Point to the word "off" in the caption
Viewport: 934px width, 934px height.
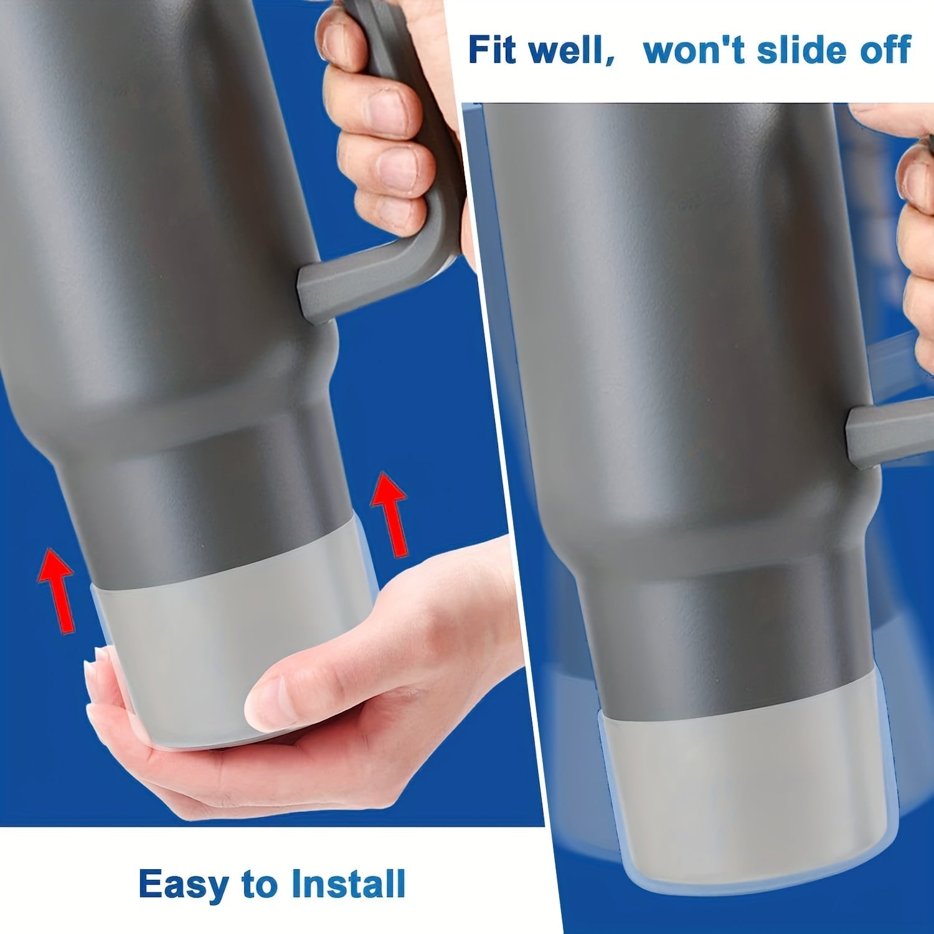click(x=884, y=50)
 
